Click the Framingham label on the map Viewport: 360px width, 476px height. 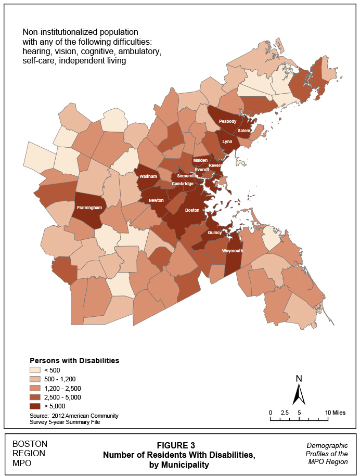89,207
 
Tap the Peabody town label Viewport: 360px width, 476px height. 227,121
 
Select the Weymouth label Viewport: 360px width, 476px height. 232,250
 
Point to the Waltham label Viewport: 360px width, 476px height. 148,177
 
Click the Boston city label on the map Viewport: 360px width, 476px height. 192,210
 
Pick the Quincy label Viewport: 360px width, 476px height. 215,233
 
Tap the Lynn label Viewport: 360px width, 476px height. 227,141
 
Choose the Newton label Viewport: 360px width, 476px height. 156,200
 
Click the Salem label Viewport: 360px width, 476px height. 244,130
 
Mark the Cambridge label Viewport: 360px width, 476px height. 183,184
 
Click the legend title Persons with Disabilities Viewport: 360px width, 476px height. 74,360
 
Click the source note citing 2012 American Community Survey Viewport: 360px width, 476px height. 74,419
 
